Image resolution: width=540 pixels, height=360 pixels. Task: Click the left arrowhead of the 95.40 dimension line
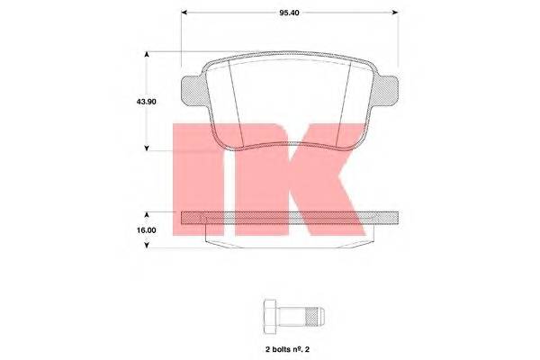185,13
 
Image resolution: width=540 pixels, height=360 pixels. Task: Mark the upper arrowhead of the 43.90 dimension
148,57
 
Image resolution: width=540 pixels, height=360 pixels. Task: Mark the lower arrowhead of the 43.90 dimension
148,147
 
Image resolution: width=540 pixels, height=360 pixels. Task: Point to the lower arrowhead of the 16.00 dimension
148,244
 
